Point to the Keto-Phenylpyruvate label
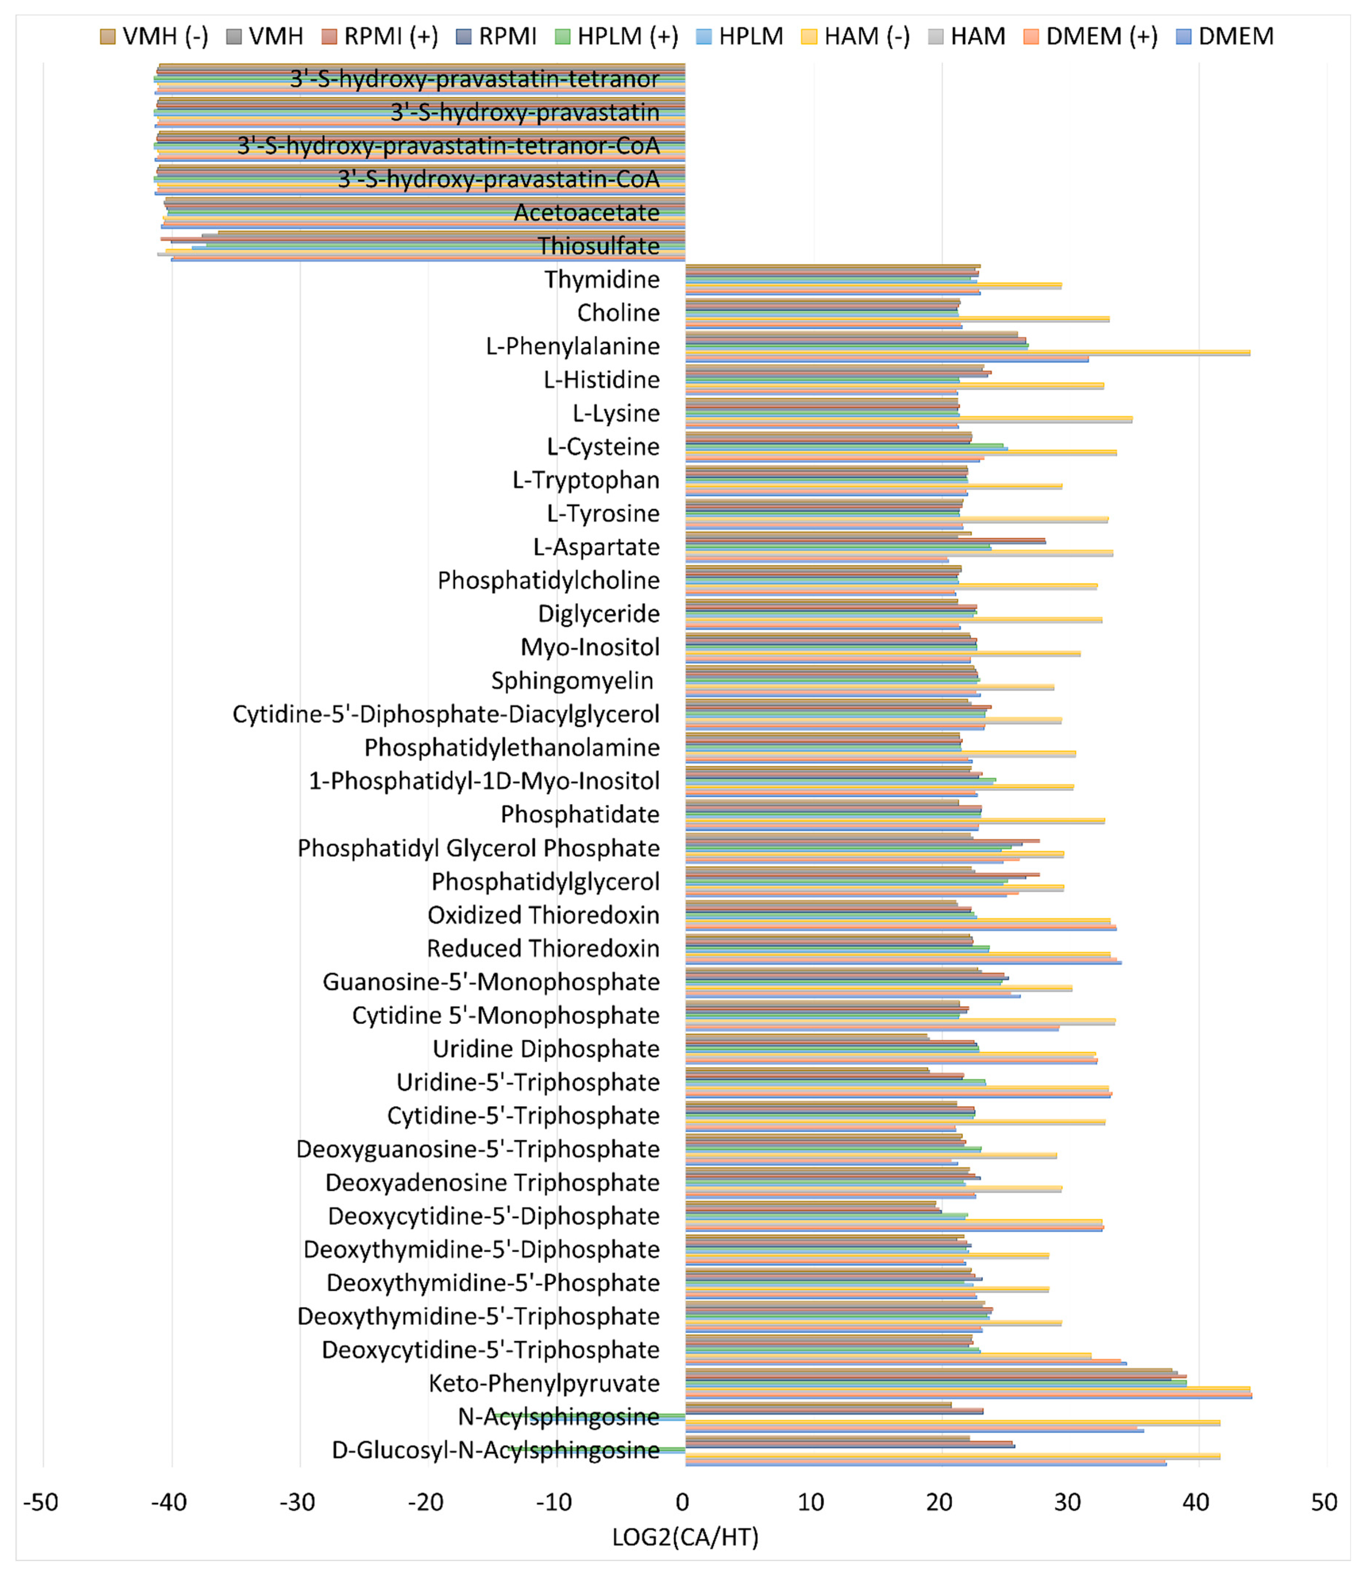click(544, 1384)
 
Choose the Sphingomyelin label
click(572, 681)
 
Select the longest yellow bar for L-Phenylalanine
click(966, 352)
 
